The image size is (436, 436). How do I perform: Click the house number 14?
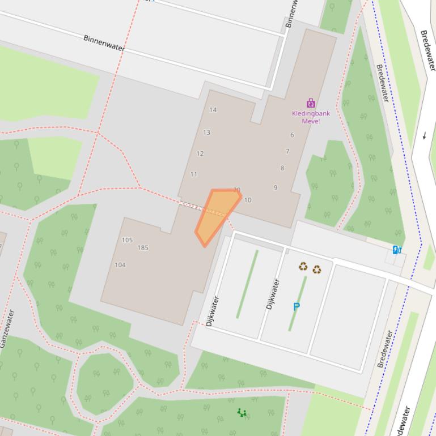213,110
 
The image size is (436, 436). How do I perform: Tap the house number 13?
206,132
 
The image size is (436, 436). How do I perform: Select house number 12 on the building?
200,153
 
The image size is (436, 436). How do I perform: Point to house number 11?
194,174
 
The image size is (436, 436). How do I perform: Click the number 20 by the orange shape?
236,190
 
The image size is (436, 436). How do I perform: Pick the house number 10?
248,200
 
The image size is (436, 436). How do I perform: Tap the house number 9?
276,187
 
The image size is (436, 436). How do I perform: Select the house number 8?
282,168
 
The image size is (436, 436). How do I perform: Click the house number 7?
287,151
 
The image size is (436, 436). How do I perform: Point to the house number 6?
293,135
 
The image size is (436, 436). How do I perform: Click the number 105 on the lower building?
127,240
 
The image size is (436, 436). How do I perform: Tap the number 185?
143,247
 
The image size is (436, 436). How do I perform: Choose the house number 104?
120,264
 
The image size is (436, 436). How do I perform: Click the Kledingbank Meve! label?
311,117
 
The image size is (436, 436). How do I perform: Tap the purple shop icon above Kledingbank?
311,103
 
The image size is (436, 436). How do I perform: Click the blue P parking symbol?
296,307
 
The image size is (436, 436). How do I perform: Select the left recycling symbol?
303,266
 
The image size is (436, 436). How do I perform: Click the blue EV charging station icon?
397,250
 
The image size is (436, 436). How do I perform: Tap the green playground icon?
242,413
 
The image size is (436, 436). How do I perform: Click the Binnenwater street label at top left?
104,43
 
